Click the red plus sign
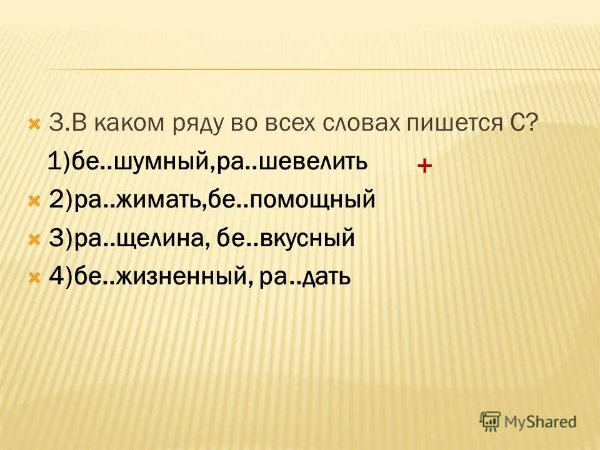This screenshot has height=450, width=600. point(424,166)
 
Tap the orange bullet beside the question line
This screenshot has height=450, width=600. point(34,121)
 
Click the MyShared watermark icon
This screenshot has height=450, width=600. point(490,421)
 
